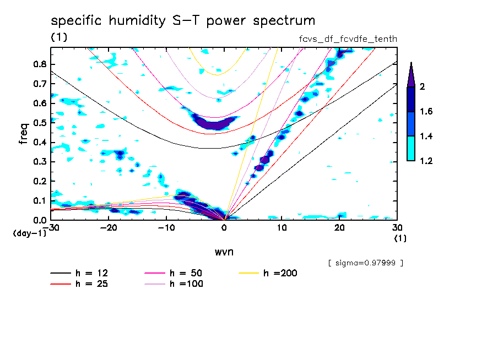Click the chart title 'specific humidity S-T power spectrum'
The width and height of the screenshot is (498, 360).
[183, 21]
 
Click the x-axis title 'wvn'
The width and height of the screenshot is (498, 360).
[224, 252]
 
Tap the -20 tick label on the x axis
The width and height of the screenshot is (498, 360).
[109, 227]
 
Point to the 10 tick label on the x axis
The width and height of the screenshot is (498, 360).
[282, 227]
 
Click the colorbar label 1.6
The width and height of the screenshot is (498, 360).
[426, 112]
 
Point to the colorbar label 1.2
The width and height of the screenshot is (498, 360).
[426, 161]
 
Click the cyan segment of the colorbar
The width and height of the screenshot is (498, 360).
[411, 148]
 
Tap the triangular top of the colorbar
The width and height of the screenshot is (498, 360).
[411, 75]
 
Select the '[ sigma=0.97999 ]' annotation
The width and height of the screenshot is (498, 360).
[365, 263]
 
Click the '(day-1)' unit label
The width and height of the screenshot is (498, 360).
[29, 233]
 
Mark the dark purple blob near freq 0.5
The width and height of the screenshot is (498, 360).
[212, 123]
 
